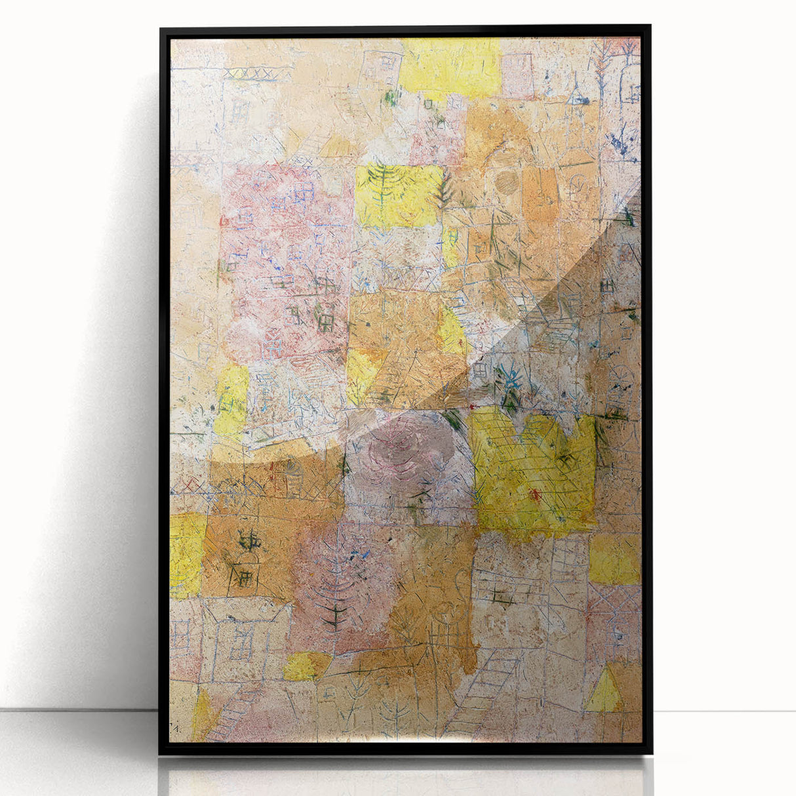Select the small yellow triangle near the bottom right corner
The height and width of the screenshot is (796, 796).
click(x=604, y=690)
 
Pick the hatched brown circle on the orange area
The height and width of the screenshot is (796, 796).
click(x=506, y=182)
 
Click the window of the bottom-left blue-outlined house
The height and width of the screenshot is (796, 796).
click(x=242, y=639)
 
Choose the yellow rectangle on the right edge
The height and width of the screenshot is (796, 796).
click(x=614, y=559)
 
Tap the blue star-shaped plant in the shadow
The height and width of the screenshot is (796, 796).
click(x=510, y=380)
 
